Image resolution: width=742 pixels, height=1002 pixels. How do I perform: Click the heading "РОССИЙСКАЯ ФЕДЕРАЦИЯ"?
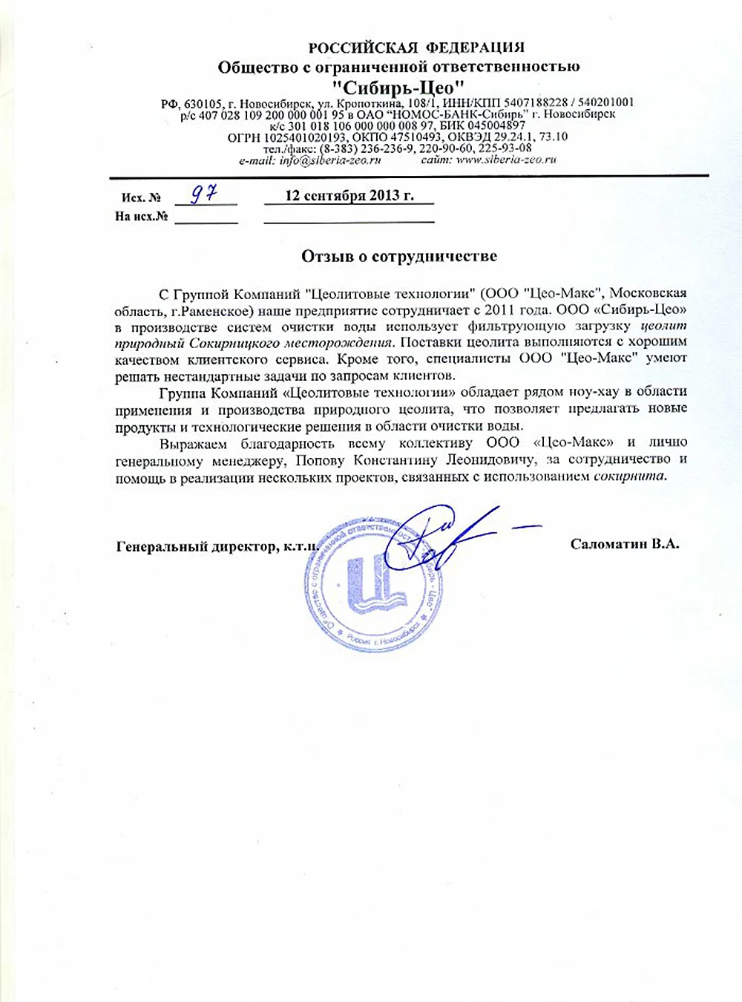(x=416, y=48)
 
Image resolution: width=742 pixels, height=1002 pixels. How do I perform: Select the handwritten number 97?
(x=203, y=194)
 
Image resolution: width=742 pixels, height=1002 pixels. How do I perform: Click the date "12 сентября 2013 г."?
(x=349, y=195)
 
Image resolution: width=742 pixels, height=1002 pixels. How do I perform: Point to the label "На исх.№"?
(x=141, y=217)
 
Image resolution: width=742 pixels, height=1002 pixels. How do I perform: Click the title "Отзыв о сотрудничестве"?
(x=398, y=256)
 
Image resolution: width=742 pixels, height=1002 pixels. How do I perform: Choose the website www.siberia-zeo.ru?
(x=506, y=159)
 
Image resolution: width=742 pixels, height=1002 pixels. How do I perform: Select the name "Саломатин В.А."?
(x=624, y=544)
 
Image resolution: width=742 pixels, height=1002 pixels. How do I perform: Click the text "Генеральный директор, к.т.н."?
(x=217, y=547)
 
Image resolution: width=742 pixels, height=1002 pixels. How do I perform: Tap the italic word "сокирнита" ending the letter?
(x=629, y=477)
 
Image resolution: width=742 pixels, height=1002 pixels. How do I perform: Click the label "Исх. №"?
(x=141, y=198)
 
